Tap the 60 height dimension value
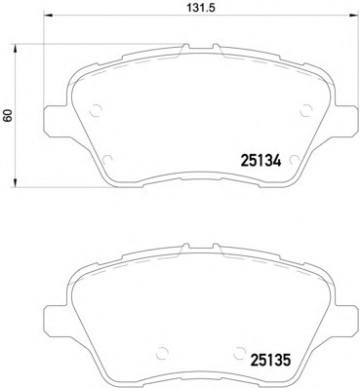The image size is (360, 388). pos(9,115)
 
